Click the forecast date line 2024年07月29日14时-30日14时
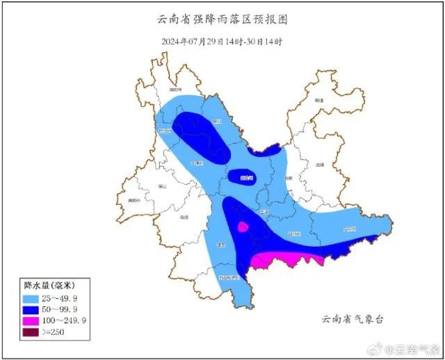click(222, 42)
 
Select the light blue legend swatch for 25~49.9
click(32, 297)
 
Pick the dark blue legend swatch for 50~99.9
click(32, 309)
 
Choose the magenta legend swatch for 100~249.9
click(32, 321)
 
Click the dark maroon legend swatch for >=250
click(32, 333)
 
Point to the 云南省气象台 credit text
click(353, 319)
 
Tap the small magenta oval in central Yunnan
click(243, 227)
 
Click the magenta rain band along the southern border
click(285, 259)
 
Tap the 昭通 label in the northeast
click(319, 101)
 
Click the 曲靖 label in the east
click(320, 165)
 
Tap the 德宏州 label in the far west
click(133, 201)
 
